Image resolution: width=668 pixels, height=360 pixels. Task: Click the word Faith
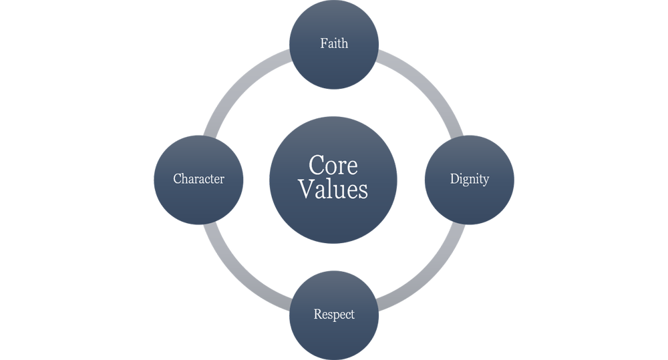click(x=334, y=43)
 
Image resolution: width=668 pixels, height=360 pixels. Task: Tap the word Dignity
click(x=470, y=180)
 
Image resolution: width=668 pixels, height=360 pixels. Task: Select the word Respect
click(x=334, y=314)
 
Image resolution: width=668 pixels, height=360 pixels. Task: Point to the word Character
click(x=198, y=179)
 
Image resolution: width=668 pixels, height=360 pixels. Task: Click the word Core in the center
click(x=333, y=165)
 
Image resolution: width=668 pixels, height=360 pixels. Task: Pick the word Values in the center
click(x=333, y=189)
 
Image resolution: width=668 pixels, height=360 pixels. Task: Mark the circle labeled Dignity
click(x=470, y=200)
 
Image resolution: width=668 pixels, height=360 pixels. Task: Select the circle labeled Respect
click(x=334, y=334)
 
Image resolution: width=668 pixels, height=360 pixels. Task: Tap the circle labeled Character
click(x=198, y=200)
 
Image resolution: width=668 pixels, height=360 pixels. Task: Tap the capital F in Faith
click(x=323, y=43)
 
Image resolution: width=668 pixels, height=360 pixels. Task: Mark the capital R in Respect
click(x=317, y=314)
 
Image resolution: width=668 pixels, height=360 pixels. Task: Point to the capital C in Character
click(x=177, y=179)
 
